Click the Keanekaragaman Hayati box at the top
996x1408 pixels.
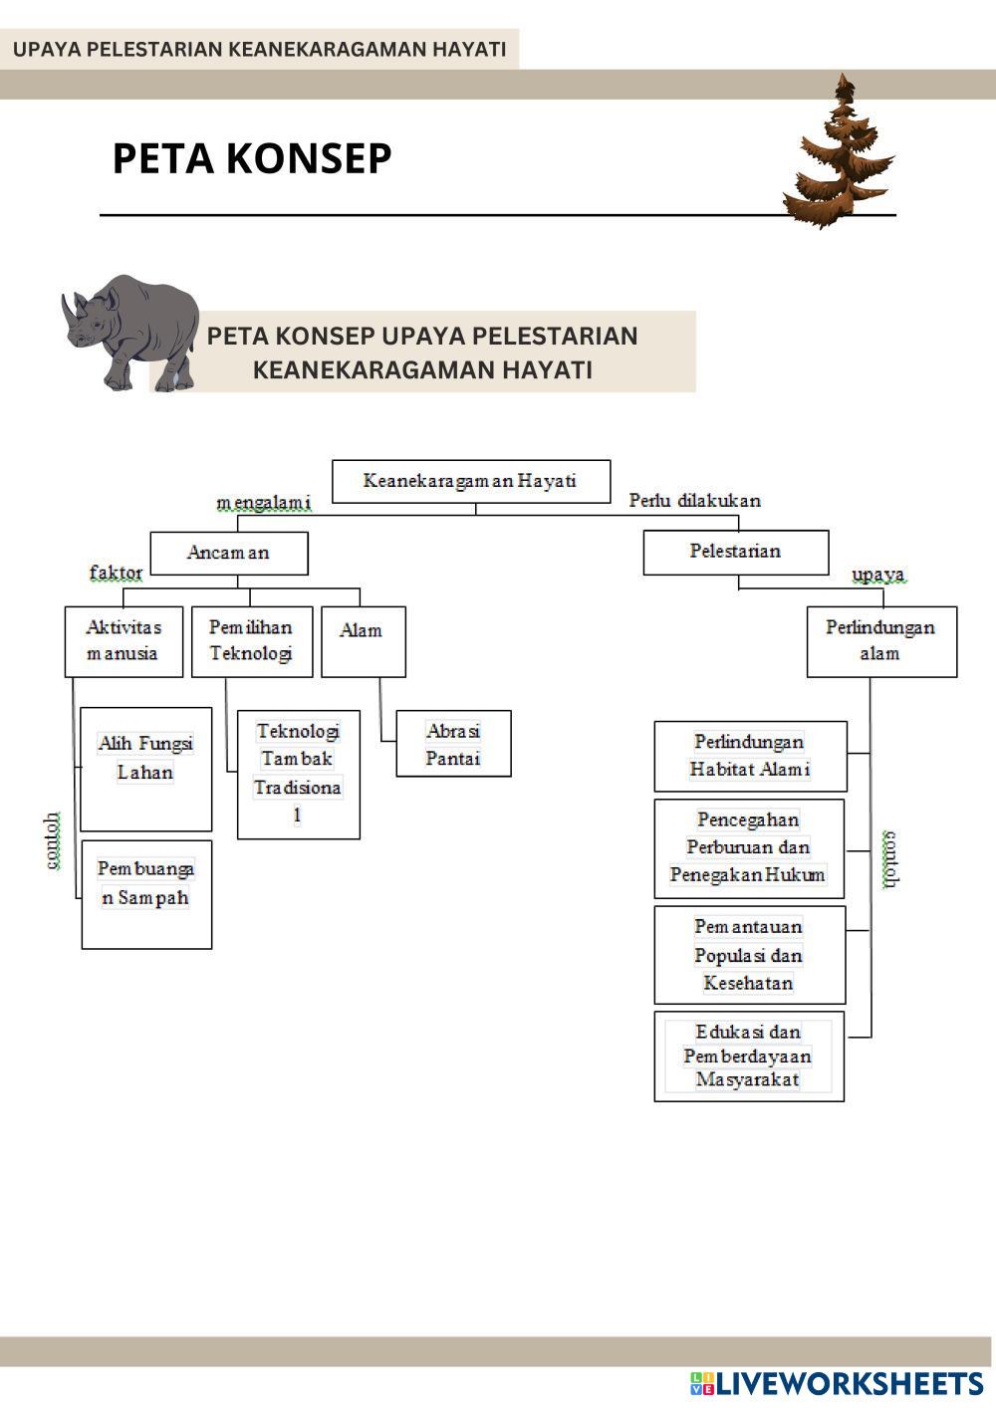click(x=470, y=481)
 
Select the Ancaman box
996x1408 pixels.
click(x=228, y=553)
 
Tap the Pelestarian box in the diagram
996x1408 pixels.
click(x=735, y=552)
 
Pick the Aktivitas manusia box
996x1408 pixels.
click(x=124, y=641)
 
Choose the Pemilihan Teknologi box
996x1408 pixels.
click(x=251, y=641)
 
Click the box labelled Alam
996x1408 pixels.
click(x=363, y=641)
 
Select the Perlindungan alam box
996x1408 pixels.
click(x=880, y=641)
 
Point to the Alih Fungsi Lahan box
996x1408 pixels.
click(x=145, y=768)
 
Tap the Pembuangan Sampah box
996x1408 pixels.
click(x=146, y=893)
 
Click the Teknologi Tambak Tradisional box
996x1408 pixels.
click(x=298, y=774)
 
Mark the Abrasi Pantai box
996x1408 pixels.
click(x=453, y=744)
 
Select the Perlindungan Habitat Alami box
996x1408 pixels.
click(x=750, y=756)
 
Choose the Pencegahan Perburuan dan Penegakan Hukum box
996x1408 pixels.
click(x=749, y=847)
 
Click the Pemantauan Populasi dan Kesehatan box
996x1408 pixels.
click(x=749, y=954)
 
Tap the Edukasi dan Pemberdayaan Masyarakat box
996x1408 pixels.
click(x=748, y=1056)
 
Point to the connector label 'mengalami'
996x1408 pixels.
click(x=264, y=503)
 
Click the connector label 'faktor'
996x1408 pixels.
click(x=117, y=573)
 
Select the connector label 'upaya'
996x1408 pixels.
click(x=877, y=575)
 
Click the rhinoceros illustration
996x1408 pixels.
click(x=131, y=332)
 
